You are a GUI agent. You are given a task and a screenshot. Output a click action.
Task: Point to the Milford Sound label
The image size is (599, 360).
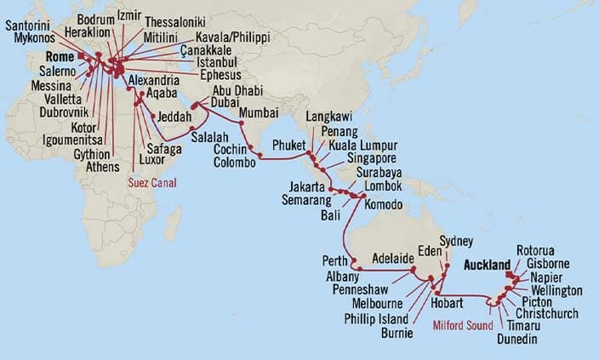pyautogui.click(x=461, y=323)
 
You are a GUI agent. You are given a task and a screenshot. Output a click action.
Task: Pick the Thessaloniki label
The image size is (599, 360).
pyautogui.click(x=174, y=21)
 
